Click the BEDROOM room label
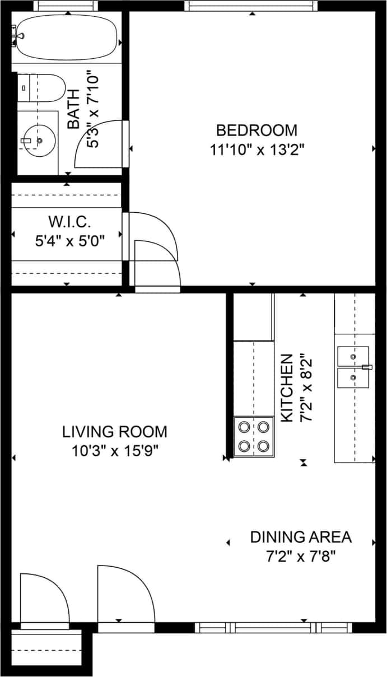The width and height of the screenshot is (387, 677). click(x=257, y=130)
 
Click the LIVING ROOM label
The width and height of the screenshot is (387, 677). click(x=114, y=432)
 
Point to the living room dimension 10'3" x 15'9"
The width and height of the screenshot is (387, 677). click(x=114, y=451)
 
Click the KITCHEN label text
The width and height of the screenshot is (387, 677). click(x=286, y=387)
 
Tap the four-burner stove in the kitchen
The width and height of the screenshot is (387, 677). click(x=254, y=437)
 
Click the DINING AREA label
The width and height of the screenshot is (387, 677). click(x=301, y=537)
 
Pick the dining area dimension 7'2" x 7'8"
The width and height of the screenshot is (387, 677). click(x=301, y=557)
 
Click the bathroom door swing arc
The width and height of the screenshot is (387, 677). click(x=99, y=142)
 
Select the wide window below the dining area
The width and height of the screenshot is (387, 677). click(x=273, y=627)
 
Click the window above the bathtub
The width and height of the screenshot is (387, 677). click(x=66, y=6)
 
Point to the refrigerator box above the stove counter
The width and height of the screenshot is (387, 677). click(x=253, y=317)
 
